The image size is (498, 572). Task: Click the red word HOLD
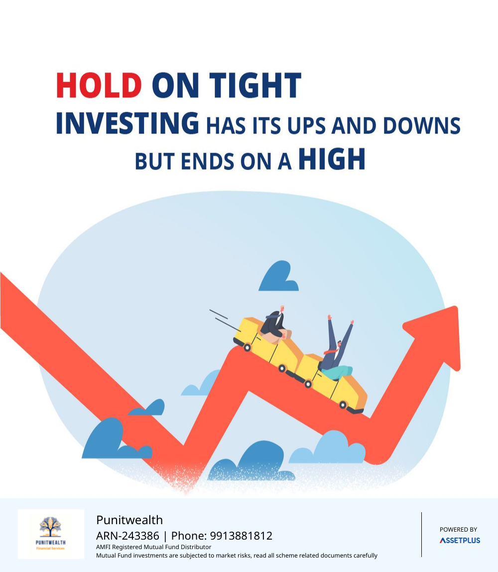(x=99, y=85)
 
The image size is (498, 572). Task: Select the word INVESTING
(x=127, y=123)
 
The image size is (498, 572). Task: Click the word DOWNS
(x=422, y=126)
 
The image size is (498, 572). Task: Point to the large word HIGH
(x=332, y=159)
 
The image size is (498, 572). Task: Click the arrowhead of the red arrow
(x=437, y=336)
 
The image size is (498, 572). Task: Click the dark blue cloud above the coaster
(x=279, y=276)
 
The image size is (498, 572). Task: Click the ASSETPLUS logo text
(x=460, y=540)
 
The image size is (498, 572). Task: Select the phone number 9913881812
(x=241, y=536)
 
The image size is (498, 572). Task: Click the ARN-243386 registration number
(x=127, y=536)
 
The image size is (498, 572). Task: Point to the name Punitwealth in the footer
(x=129, y=520)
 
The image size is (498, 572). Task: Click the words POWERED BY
(x=458, y=529)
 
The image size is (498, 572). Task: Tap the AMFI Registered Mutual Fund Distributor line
(x=153, y=547)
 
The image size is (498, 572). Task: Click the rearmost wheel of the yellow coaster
(x=247, y=348)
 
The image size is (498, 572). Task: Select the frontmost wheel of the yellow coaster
(x=343, y=405)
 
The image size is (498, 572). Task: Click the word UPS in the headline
(x=306, y=126)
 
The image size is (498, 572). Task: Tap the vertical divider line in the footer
(x=421, y=535)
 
